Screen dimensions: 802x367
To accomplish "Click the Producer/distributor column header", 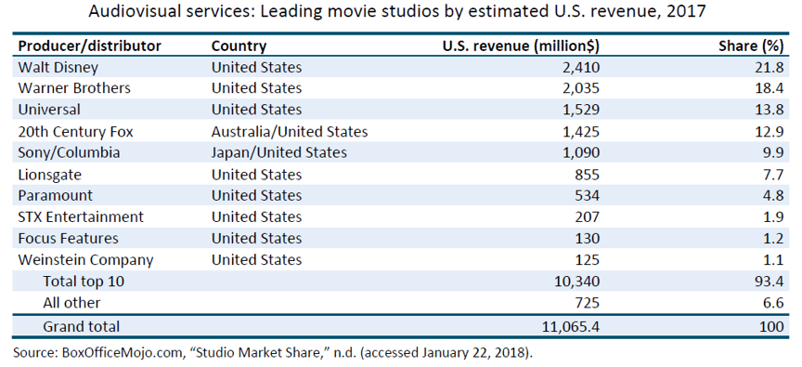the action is (89, 46).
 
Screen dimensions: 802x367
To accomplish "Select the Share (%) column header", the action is (751, 46).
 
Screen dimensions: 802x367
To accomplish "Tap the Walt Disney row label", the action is (58, 68).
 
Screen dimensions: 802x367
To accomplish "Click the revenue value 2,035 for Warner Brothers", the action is (576, 88).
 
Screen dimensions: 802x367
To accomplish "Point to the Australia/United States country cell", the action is (290, 132).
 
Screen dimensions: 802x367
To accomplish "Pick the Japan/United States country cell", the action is (279, 152).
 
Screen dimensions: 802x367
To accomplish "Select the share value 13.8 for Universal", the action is (769, 110).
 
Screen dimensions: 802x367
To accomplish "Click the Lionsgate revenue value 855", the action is (587, 175).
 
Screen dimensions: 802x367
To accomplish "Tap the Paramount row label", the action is (56, 195).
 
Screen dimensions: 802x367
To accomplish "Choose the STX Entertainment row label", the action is (81, 217).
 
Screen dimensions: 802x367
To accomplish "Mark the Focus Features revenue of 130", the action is (587, 239).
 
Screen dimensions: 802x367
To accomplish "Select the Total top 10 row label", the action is (84, 281).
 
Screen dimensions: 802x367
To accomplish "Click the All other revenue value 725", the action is (587, 303).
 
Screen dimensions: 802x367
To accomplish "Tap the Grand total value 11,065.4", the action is (570, 326).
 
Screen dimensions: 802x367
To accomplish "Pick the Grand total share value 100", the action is (771, 326).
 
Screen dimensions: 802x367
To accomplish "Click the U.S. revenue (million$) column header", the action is (521, 46).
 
